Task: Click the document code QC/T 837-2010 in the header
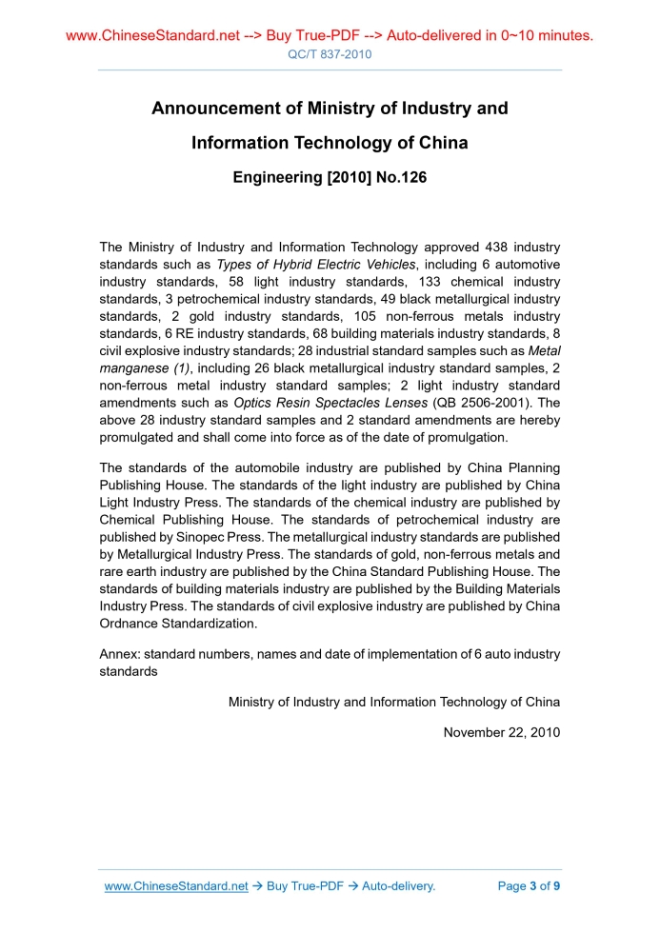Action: click(x=330, y=54)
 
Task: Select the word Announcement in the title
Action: click(x=226, y=109)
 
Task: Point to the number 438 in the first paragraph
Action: click(x=500, y=248)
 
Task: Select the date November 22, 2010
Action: click(x=502, y=732)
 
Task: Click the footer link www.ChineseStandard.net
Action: click(x=176, y=886)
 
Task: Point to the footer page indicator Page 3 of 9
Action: click(x=529, y=886)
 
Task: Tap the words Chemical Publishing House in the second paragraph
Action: click(x=177, y=520)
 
